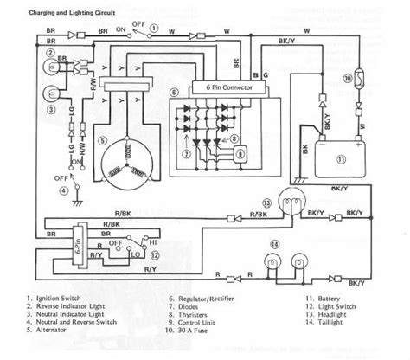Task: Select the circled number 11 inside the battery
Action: [340, 158]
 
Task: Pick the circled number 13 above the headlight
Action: [267, 204]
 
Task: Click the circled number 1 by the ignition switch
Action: [151, 28]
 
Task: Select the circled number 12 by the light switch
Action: [153, 255]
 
